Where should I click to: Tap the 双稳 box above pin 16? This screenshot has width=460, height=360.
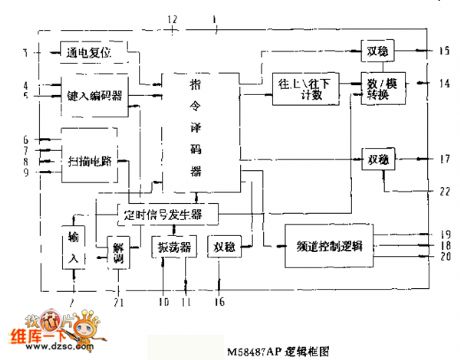click(x=225, y=246)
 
